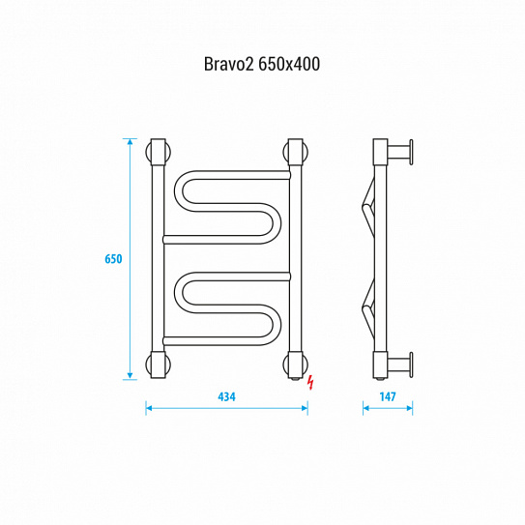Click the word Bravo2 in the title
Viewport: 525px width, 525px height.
(229, 64)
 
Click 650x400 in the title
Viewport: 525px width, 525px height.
(289, 64)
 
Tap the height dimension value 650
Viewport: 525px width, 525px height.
(113, 259)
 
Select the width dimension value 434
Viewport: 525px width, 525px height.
(226, 396)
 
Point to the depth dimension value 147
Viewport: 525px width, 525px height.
(388, 396)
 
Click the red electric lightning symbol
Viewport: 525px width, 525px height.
(311, 383)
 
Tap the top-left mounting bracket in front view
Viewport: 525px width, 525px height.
(159, 152)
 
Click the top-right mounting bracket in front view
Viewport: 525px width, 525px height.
(295, 152)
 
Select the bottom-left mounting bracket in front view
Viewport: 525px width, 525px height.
(159, 365)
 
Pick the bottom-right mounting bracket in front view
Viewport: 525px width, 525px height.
(295, 365)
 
